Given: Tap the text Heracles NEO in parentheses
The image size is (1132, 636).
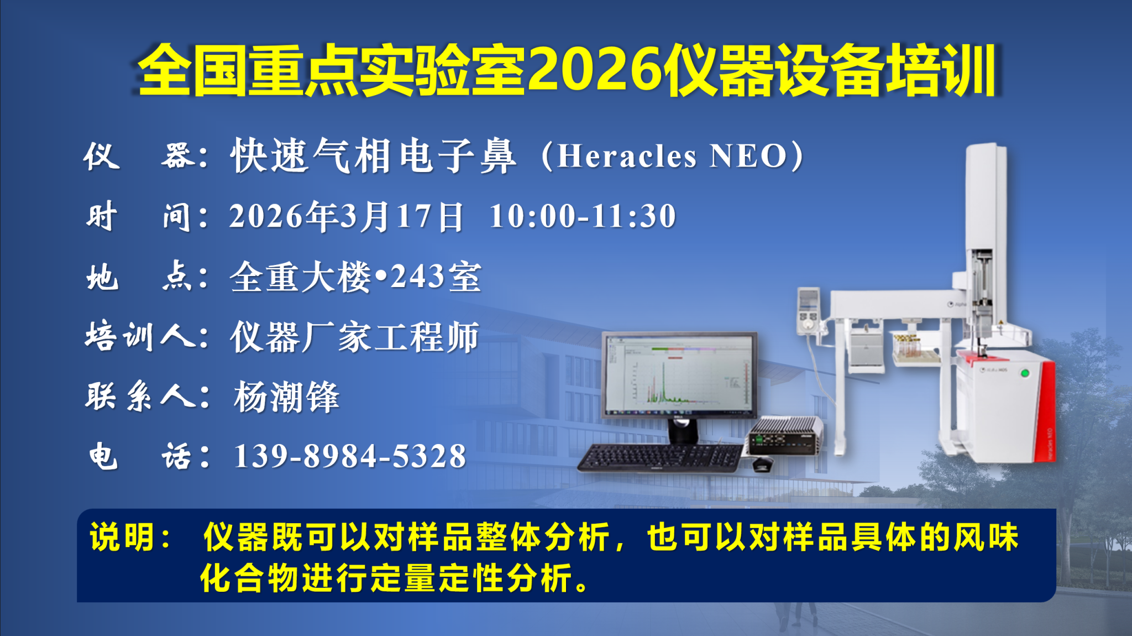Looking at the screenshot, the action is point(672,156).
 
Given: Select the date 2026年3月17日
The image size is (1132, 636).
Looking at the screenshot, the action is point(347,216).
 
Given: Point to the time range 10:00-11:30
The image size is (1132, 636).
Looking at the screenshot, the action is point(583,216).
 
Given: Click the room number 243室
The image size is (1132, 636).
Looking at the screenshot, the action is point(436,277).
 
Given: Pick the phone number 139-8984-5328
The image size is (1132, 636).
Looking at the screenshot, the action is point(350,456).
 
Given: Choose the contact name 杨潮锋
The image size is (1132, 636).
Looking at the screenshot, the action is point(286,397).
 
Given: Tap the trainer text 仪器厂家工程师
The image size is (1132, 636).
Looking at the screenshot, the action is point(354,337).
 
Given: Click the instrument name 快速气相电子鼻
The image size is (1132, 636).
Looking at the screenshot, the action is point(374,156).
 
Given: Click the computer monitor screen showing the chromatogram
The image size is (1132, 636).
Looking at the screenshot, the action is point(679,374).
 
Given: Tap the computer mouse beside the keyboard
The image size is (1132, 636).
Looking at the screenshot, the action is point(763,463).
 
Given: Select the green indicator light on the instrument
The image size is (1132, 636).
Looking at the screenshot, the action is point(1025,373).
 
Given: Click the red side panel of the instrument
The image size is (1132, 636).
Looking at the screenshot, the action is point(1045,412).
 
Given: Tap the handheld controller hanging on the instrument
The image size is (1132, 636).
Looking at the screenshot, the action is point(809,311).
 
